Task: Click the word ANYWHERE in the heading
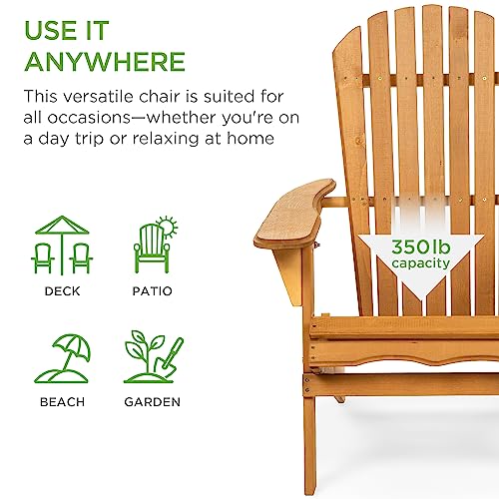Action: (x=105, y=61)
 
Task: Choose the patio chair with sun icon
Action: (x=154, y=245)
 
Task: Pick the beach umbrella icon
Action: (x=61, y=356)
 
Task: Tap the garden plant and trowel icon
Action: (x=154, y=356)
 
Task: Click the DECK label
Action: (x=61, y=291)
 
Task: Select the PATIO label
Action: (x=154, y=291)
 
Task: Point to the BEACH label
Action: (x=61, y=402)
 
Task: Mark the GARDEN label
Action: (x=154, y=402)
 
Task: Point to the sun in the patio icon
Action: (x=167, y=225)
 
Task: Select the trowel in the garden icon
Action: (x=173, y=354)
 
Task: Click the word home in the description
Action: (x=250, y=139)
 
